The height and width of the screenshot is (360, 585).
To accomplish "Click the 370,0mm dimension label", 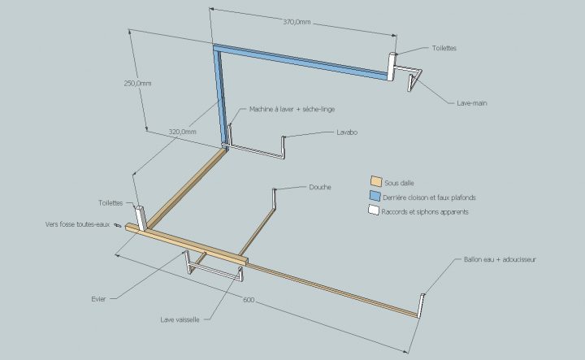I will [x=297, y=22].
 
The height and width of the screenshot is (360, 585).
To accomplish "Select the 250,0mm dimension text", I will [x=137, y=83].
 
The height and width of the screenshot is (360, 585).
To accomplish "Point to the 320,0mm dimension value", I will [x=184, y=131].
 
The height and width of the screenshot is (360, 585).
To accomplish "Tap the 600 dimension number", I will [x=249, y=301].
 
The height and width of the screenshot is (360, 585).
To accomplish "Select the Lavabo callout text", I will [x=347, y=132].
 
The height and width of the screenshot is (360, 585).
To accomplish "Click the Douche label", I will [x=319, y=187].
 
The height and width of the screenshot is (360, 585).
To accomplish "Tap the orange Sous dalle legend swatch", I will [x=375, y=181].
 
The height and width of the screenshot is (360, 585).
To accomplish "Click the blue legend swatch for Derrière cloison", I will [x=375, y=197].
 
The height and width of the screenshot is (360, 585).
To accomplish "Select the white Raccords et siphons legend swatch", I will [x=375, y=211].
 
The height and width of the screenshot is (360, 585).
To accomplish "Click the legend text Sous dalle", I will [x=399, y=182].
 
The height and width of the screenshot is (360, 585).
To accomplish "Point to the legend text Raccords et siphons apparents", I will [x=427, y=211].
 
